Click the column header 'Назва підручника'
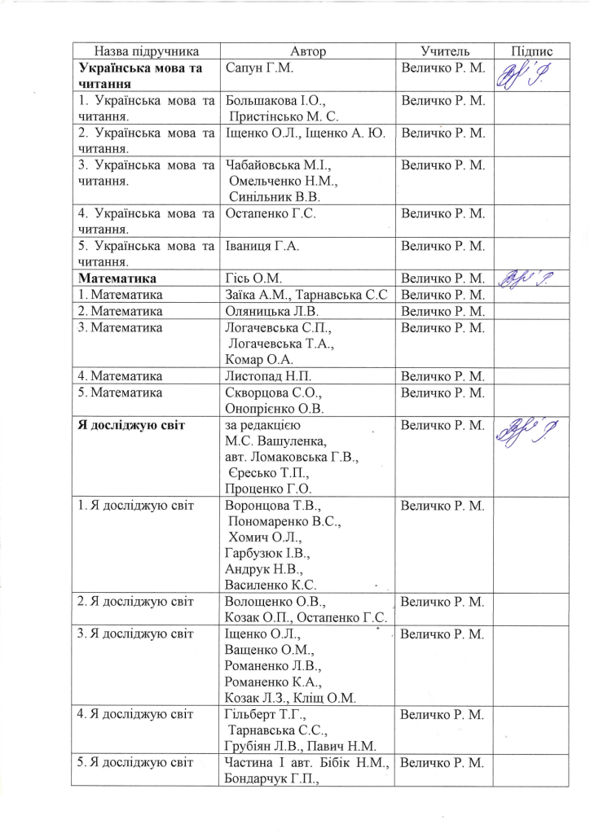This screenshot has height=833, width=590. click(147, 51)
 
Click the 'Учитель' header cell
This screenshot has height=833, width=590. click(445, 51)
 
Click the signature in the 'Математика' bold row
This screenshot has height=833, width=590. click(531, 278)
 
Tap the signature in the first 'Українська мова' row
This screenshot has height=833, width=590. click(531, 76)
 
